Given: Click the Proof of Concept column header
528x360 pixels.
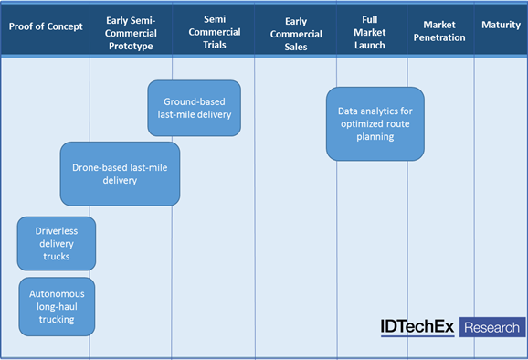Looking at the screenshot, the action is [x=46, y=26].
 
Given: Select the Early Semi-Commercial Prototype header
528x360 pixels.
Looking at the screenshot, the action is [x=131, y=33].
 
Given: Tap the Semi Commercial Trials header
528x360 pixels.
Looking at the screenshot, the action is [x=215, y=32].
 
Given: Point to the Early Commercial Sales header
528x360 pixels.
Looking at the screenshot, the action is [x=296, y=34].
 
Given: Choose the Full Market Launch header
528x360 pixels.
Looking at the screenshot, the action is [x=369, y=32].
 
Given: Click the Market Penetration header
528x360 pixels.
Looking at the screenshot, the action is [x=439, y=31].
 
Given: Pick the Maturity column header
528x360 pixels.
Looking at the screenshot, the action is [x=502, y=25].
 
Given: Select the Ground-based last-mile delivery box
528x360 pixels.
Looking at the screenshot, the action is [x=195, y=108].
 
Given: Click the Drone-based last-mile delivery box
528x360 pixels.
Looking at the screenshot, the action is [x=120, y=174].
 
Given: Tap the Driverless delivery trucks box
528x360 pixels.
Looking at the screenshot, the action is [x=57, y=243].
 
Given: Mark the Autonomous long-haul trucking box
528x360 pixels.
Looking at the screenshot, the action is [x=57, y=306].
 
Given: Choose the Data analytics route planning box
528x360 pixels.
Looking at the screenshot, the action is [x=375, y=123].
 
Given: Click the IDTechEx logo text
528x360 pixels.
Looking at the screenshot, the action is [x=417, y=327].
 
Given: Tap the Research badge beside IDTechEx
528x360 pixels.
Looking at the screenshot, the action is [x=492, y=327].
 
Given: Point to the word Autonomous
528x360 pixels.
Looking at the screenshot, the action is [x=57, y=293].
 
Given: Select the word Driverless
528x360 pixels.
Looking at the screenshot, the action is [x=57, y=231].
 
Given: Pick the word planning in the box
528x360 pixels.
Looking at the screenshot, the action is [x=375, y=137].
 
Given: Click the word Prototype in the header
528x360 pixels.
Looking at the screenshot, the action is [x=131, y=46].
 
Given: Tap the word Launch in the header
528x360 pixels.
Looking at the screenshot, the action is [x=369, y=45].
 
